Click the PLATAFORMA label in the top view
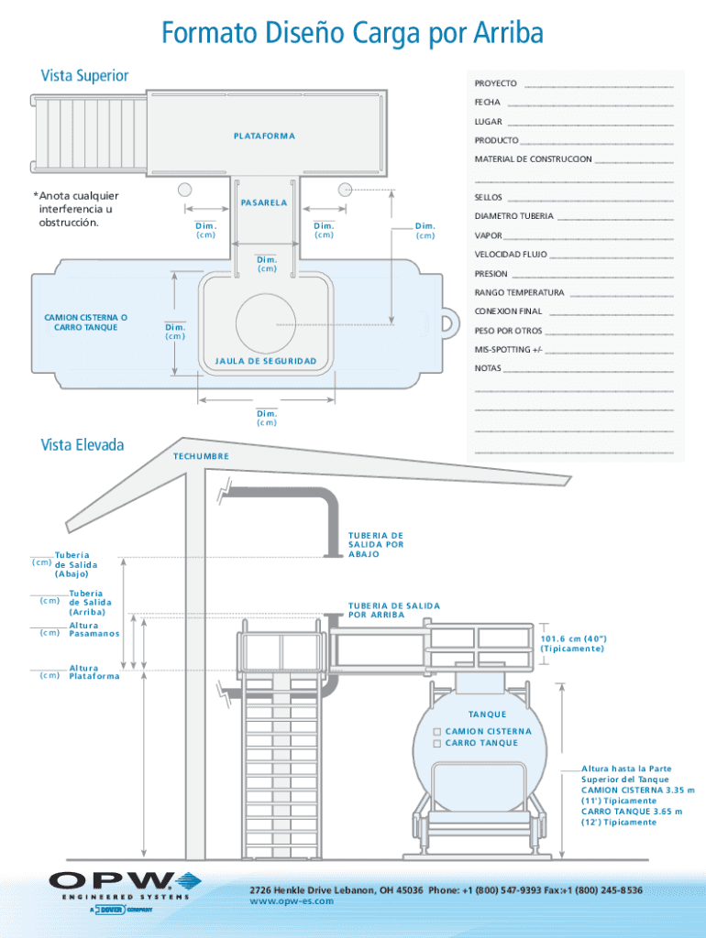pos(264,136)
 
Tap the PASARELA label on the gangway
pos(264,202)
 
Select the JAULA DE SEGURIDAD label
pos(266,361)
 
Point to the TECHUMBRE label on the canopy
pos(201,456)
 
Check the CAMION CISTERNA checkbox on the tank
pos(437,732)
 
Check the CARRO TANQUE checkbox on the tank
pos(437,743)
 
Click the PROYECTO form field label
pos(495,83)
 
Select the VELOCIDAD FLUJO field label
pos(511,255)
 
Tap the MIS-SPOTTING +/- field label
pos(508,349)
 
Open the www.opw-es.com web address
pos(292,901)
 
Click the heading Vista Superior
pos(84,76)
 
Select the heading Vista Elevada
pos(82,445)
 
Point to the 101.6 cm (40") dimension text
pos(574,644)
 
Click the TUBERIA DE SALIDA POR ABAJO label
pos(376,545)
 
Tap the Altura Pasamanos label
pos(94,629)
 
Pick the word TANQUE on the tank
pos(488,714)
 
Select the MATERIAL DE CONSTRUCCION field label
pos(533,159)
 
